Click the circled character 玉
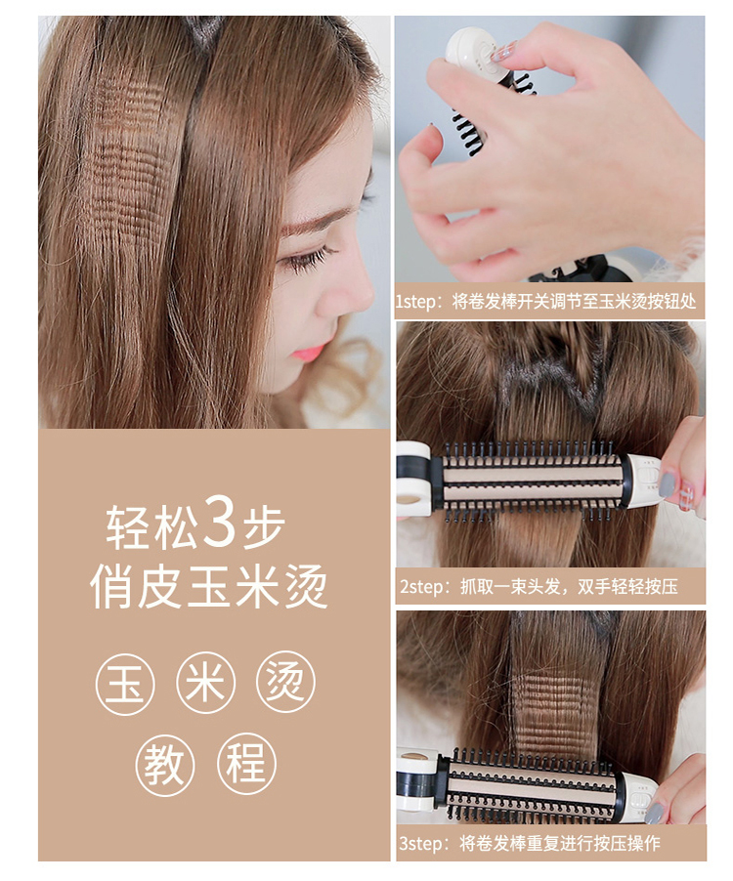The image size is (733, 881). point(124,684)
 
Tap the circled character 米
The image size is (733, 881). point(205,684)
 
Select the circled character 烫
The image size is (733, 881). point(285,684)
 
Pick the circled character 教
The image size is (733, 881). point(165,765)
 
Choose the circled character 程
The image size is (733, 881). point(246,765)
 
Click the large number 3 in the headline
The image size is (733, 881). point(220,521)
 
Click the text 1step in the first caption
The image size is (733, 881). point(415,302)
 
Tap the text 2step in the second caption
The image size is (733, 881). point(421,587)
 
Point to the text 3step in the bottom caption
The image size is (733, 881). point(420,843)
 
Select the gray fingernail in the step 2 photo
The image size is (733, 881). point(667,483)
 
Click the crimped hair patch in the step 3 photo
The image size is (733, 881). point(554,715)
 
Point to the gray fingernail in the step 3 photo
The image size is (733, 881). point(654,813)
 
